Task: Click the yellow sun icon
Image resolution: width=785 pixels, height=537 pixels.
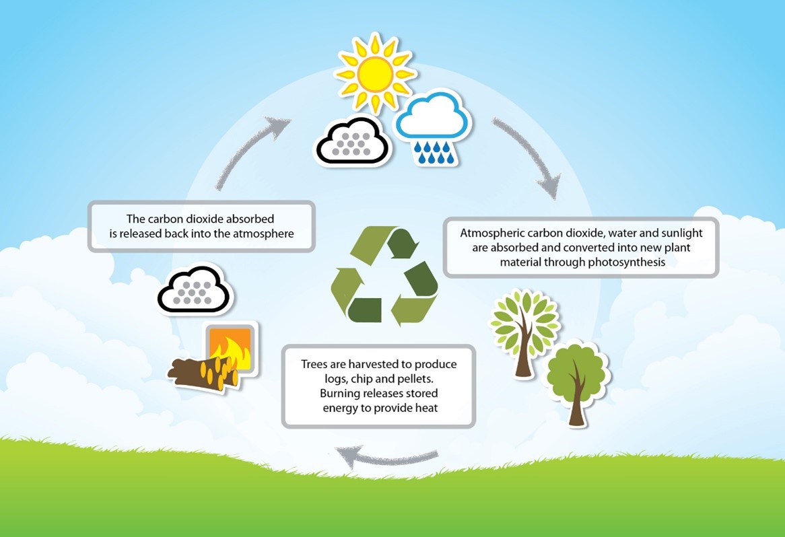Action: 374,73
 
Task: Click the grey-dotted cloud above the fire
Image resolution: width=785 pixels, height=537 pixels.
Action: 195,289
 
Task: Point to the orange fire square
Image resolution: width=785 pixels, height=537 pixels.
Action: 231,349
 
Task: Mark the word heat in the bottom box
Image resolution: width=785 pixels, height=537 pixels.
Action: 425,408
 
